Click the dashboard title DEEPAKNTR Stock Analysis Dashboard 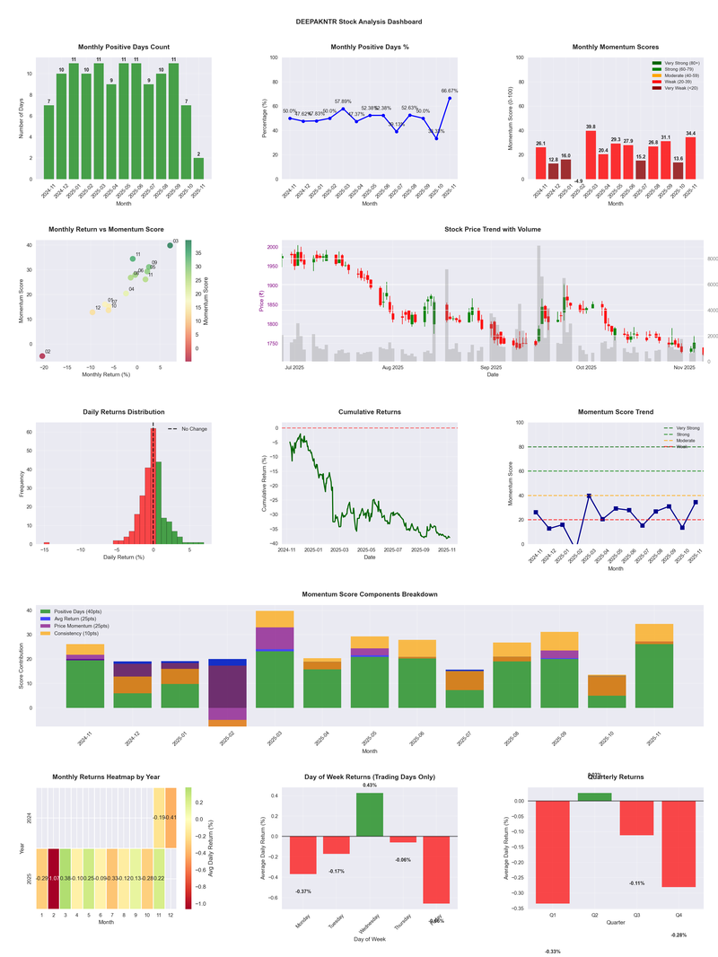359,22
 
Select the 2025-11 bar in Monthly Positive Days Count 199,168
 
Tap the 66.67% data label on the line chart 450,91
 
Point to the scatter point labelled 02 41,356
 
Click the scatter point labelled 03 171,246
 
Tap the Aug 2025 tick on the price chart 392,367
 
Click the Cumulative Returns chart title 370,412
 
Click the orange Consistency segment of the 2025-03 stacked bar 275,619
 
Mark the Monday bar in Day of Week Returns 303,855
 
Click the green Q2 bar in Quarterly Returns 594,797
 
